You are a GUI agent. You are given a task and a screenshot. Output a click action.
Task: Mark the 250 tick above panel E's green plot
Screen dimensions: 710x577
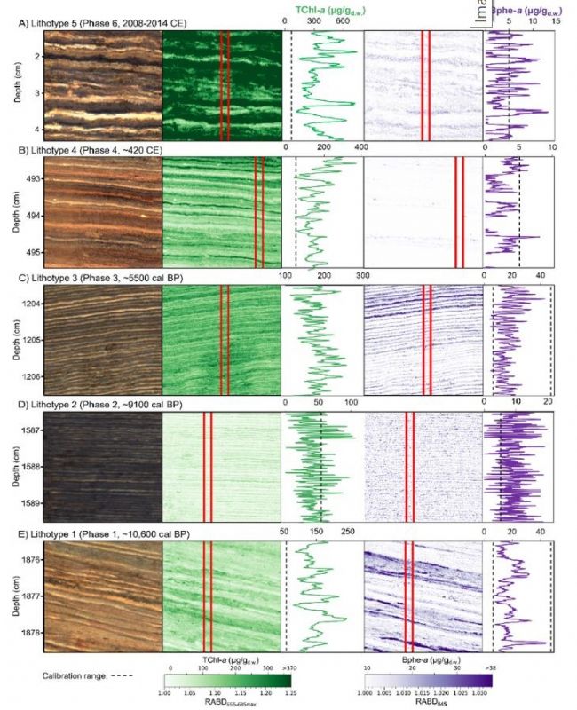tap(348, 532)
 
